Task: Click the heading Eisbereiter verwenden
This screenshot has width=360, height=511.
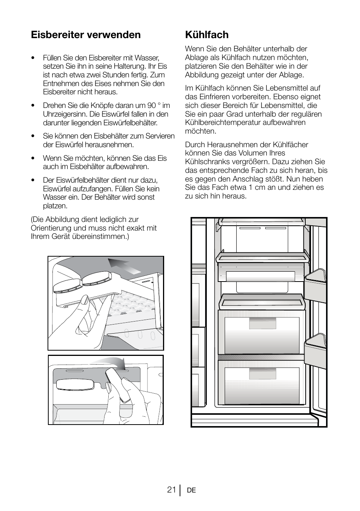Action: [86, 35]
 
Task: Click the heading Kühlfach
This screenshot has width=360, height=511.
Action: [207, 35]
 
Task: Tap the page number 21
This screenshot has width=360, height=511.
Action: [171, 490]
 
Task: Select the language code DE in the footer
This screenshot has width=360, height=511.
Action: [191, 490]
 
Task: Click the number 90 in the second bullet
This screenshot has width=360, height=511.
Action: [152, 105]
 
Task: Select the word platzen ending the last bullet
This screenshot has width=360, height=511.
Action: [55, 206]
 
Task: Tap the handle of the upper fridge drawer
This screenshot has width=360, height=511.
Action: [263, 323]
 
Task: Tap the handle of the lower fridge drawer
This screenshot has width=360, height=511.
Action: [263, 374]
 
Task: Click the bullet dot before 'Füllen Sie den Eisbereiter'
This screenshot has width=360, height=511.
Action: [34, 58]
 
